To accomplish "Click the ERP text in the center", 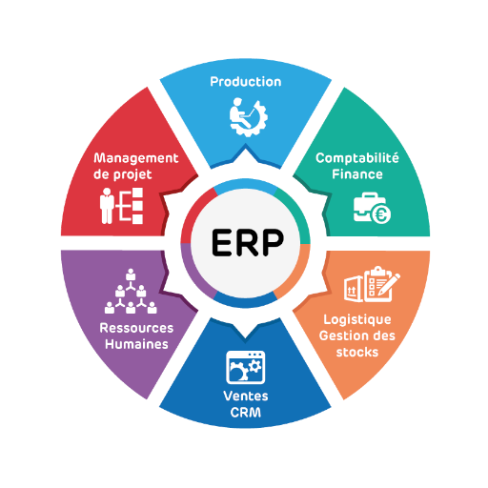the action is [248, 242].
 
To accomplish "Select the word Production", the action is [246, 82].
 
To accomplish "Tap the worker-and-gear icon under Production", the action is [249, 117].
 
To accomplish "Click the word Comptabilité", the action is [357, 158].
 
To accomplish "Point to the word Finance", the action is [357, 174].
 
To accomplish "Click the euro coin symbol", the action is [381, 214].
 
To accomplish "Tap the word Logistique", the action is [357, 320].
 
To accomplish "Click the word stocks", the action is [357, 353].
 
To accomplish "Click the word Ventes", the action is [246, 396].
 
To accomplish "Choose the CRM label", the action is [246, 413].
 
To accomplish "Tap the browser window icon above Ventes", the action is [246, 367].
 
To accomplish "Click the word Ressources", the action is [136, 328].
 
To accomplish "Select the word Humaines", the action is [136, 344].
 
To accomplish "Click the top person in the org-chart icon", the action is [131, 274].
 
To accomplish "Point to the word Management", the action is [136, 158].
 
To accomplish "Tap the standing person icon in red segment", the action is [107, 206].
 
